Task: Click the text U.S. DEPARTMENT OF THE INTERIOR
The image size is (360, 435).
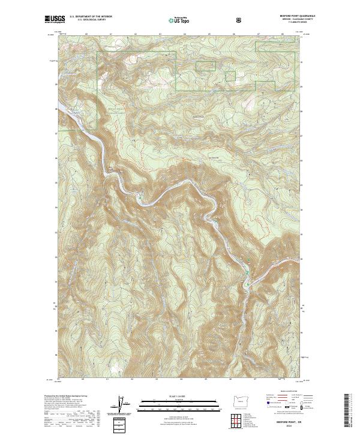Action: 91,17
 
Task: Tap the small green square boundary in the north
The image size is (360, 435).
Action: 229,76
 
